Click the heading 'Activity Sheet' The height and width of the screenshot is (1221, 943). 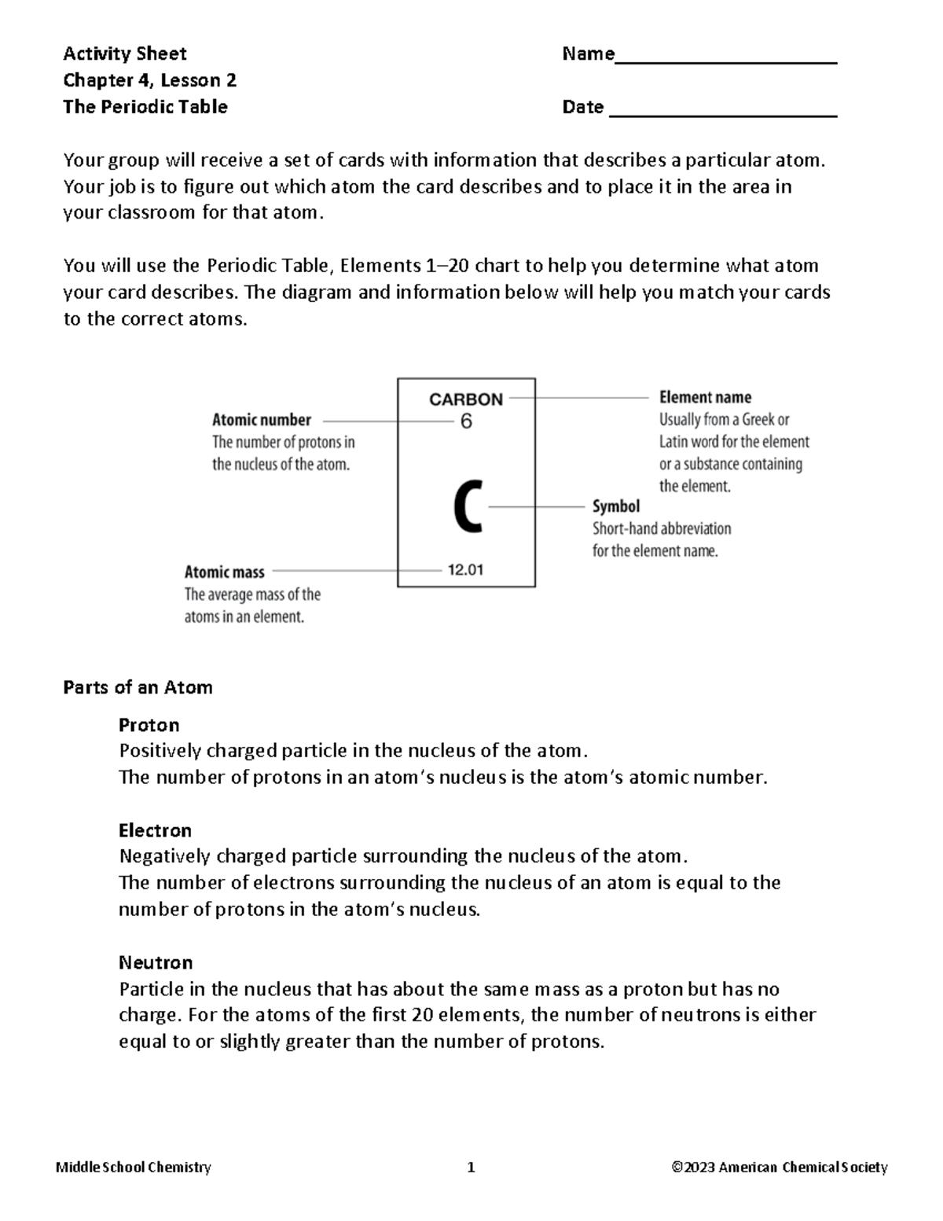124,53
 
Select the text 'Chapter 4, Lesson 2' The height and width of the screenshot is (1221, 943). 149,80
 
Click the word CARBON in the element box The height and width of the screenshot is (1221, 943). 465,399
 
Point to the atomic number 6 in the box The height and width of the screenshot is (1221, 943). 466,422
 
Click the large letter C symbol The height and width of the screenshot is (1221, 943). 467,507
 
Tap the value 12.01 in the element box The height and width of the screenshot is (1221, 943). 465,570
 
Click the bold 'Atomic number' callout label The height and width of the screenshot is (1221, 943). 261,420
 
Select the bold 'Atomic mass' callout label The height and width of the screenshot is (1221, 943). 224,572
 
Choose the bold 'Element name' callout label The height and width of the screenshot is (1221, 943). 705,397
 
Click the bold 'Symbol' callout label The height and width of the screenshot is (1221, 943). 615,506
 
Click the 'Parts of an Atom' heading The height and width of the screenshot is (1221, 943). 138,687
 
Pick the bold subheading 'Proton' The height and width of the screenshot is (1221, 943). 149,724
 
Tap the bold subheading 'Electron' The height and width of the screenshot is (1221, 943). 155,830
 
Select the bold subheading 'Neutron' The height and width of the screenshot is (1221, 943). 156,962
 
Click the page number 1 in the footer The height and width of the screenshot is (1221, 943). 471,1168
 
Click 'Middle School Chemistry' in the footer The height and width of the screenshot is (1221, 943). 134,1168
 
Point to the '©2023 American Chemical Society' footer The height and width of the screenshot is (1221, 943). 779,1168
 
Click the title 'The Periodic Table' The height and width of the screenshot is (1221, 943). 145,107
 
